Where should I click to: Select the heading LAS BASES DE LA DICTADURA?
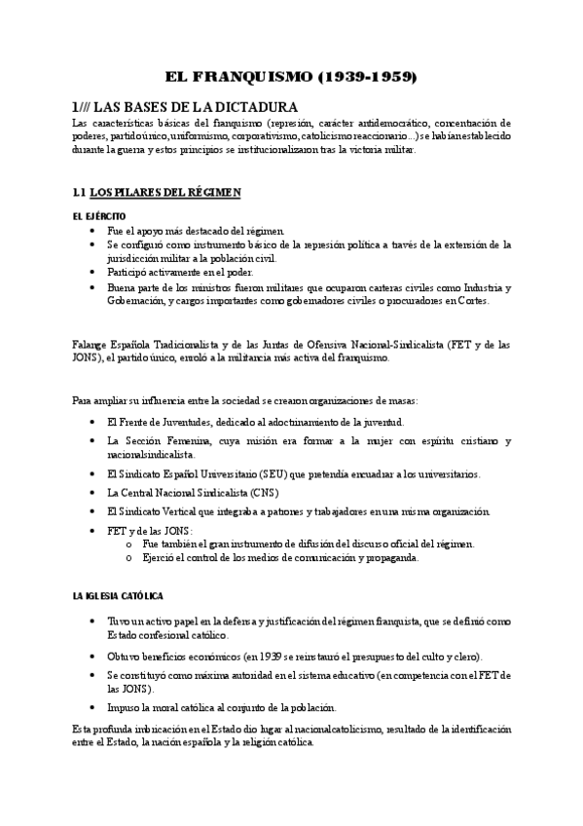coord(186,106)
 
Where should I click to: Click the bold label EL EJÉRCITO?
coord(98,215)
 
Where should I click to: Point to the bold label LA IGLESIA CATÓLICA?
coord(118,594)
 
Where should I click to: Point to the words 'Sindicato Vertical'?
coord(164,511)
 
